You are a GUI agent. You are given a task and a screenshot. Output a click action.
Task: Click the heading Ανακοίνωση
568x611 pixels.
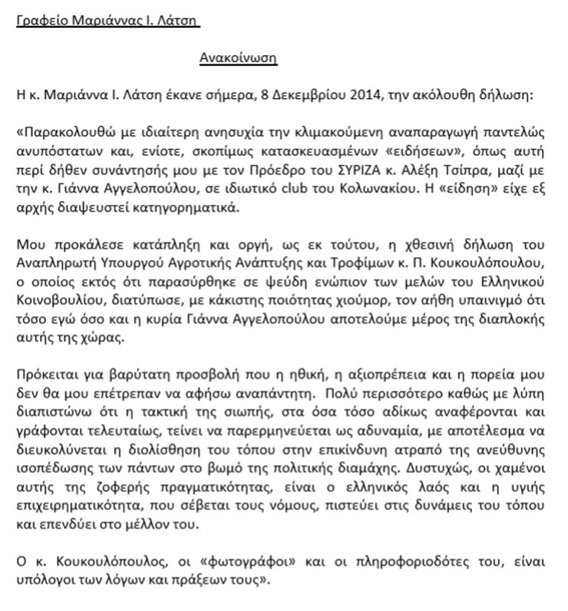click(238, 58)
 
